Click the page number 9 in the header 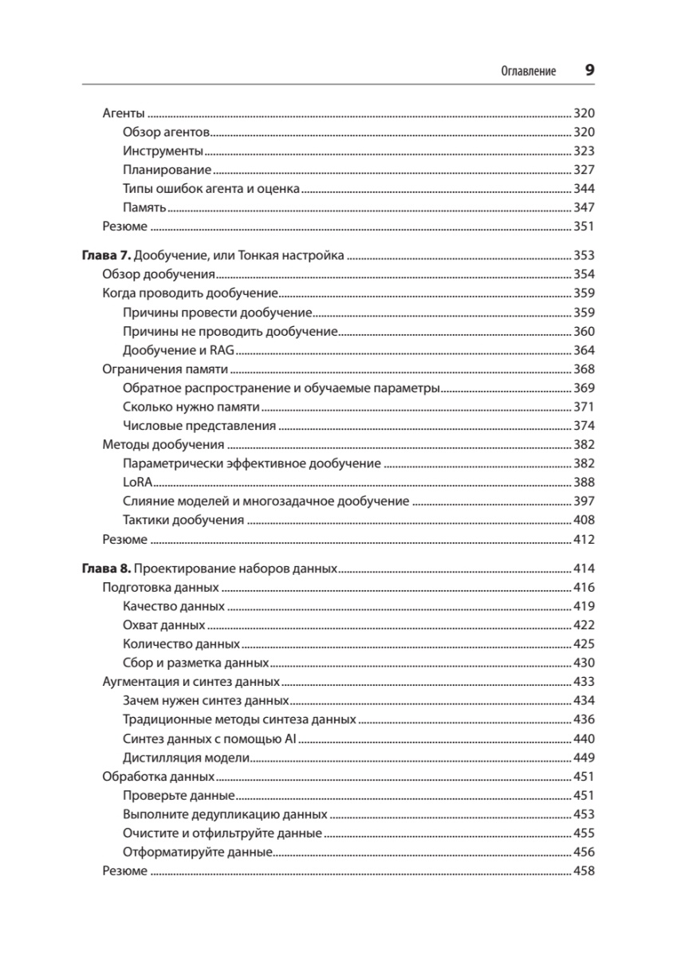(589, 69)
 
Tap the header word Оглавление (528, 70)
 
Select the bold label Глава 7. (105, 257)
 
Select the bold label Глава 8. (105, 569)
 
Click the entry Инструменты (163, 151)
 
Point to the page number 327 (585, 170)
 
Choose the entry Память (144, 208)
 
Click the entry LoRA (138, 482)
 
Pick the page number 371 (585, 407)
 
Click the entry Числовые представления (199, 426)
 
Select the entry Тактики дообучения (183, 521)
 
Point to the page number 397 (585, 502)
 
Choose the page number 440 (585, 738)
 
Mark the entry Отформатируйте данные (199, 853)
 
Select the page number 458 (585, 871)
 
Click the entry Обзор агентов (166, 132)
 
